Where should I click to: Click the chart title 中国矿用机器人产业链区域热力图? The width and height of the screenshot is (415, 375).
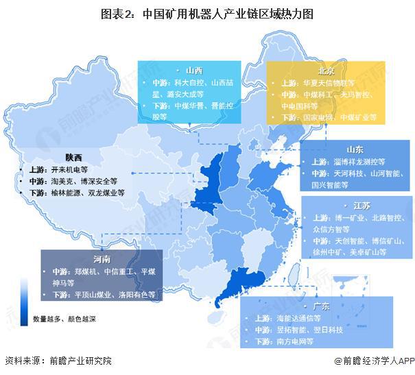[207, 13]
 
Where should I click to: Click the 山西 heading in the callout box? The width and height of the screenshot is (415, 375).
[193, 71]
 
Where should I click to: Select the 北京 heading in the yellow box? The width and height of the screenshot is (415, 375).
[326, 71]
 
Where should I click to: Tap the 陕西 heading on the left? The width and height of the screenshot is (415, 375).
[74, 156]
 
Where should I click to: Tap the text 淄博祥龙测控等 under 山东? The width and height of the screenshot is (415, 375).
[351, 162]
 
